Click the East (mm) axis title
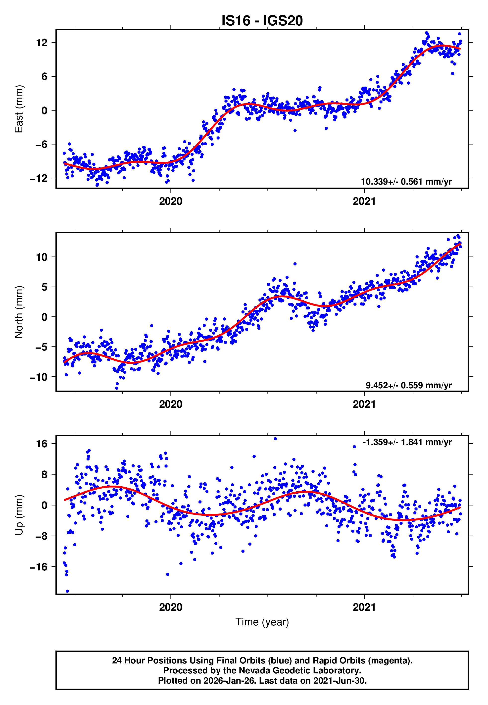19,109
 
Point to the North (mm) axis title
19,312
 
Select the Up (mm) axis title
19,515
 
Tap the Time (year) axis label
262,622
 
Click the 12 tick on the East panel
42,43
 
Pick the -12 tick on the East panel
39,178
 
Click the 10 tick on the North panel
42,257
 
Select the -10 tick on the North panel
39,377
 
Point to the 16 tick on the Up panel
42,443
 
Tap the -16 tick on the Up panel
39,567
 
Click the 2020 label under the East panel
171,201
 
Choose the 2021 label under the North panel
364,404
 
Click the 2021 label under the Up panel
364,607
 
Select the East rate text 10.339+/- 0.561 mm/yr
406,182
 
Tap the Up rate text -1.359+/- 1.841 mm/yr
407,442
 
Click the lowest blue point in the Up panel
67,591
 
